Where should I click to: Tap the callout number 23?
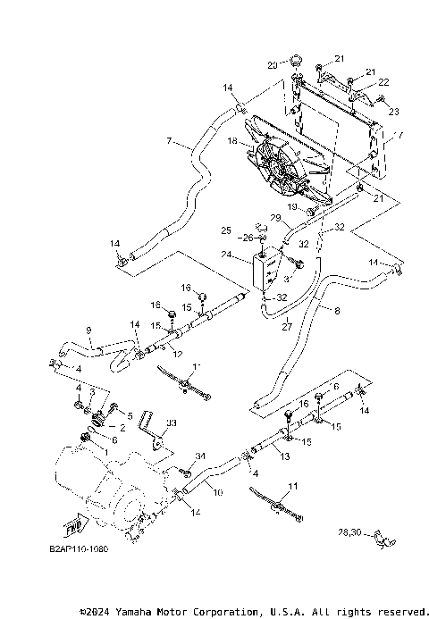[393, 111]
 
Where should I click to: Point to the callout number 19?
[292, 206]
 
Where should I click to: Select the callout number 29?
[276, 218]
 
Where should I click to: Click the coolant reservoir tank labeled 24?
[262, 272]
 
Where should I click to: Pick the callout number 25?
[226, 230]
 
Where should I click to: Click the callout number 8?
[337, 310]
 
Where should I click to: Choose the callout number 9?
[88, 330]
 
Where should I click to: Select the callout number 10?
[216, 491]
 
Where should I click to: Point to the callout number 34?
[201, 456]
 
